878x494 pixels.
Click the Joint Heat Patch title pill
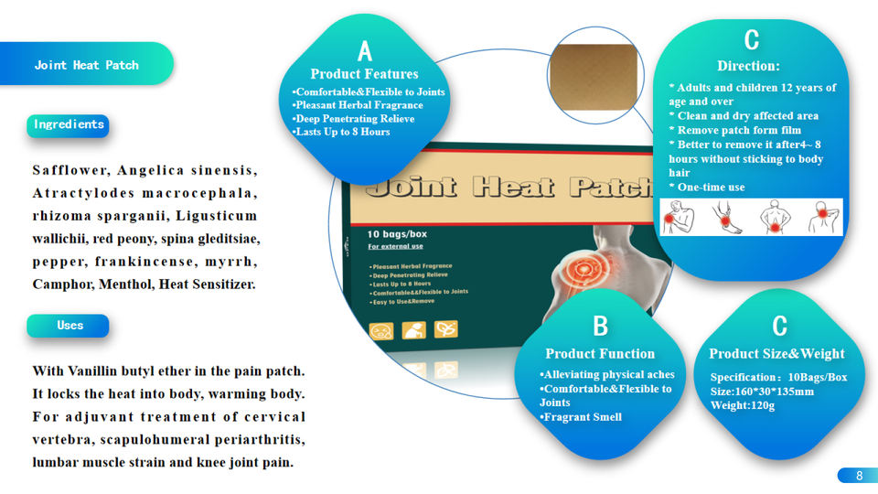point(87,65)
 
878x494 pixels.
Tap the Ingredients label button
point(69,124)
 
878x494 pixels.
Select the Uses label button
point(70,326)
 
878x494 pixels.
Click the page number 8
point(859,476)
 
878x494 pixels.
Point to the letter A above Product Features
point(364,51)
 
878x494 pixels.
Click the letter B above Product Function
point(600,327)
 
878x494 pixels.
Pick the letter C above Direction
point(751,40)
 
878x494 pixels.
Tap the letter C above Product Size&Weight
point(778,327)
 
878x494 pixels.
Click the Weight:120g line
point(743,405)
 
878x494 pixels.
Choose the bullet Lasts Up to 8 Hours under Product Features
point(341,132)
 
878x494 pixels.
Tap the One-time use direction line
point(711,188)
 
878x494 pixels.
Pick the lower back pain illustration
point(775,218)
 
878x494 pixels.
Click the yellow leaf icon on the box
point(445,329)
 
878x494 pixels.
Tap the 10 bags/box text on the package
point(398,233)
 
